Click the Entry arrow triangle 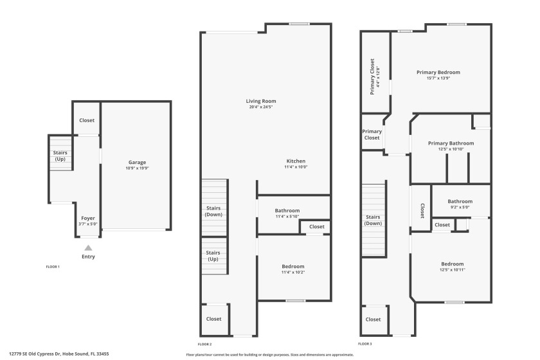coord(88,248)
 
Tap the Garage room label coord(137,162)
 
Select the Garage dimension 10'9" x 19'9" coord(137,168)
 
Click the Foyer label coord(88,218)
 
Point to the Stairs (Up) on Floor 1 coord(60,156)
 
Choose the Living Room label coord(261,101)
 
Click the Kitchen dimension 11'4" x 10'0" coord(296,167)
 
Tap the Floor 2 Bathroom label coord(287,210)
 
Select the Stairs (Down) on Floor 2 coord(213,212)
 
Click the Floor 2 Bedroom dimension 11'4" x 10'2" coord(293,273)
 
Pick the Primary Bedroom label coord(438,73)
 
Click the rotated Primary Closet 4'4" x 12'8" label coord(374,76)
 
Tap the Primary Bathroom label coord(451,143)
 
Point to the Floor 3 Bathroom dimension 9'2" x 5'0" coord(460,207)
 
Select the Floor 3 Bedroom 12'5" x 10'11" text coord(452,270)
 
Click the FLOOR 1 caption coord(53,266)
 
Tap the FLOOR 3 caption coord(366,344)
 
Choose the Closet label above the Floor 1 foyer coord(87,120)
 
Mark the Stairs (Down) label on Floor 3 coord(373,220)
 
